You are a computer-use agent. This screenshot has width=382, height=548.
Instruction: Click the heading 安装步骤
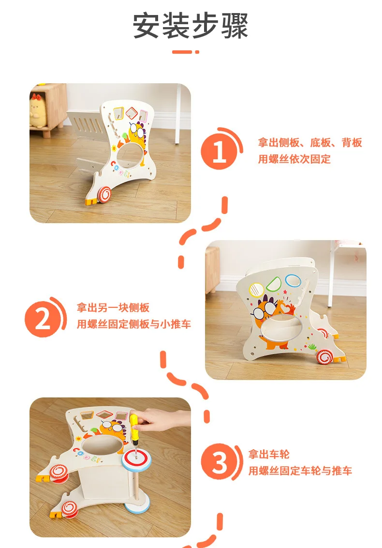coord(191,26)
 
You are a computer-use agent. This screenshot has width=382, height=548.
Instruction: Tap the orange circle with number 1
coord(219,152)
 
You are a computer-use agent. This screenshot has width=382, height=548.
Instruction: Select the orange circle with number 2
coord(43,319)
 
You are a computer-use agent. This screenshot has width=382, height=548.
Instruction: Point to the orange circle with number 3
coord(219,462)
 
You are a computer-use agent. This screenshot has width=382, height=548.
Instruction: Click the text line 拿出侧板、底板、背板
coord(310,143)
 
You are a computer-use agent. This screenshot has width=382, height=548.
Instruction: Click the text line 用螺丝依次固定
coord(294,159)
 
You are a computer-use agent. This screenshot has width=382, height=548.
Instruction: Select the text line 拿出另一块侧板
coord(113,307)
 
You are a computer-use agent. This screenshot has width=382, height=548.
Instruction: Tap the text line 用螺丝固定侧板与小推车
coord(134,324)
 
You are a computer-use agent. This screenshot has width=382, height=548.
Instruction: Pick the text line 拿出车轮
coord(269,455)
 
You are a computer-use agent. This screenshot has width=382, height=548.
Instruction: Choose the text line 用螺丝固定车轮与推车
coord(300,471)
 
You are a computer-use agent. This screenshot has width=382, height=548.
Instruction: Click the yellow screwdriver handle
coord(134,426)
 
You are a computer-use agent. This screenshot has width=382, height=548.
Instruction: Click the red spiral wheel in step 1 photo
coord(103,193)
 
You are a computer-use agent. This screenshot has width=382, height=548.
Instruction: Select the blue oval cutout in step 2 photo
coord(293,280)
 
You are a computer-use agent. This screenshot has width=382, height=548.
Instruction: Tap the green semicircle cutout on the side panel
coord(273,284)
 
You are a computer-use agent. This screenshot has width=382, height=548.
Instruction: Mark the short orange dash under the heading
coord(182,52)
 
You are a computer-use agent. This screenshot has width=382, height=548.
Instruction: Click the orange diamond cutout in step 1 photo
coord(132,112)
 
